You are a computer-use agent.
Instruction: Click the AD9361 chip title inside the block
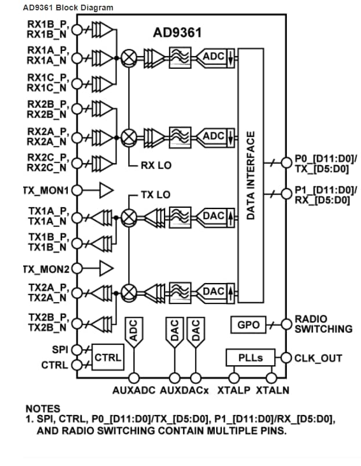tap(177, 33)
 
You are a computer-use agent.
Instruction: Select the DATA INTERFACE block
tap(251, 175)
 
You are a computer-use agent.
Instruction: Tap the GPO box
tap(248, 325)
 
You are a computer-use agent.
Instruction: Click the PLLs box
tap(250, 358)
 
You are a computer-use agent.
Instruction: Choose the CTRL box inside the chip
tap(108, 358)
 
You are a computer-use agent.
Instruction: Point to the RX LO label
tap(156, 166)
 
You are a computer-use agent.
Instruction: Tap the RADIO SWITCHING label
tap(323, 324)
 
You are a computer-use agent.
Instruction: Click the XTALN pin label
tap(273, 391)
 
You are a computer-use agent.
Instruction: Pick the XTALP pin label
tap(234, 391)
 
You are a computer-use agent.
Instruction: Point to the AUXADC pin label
tap(134, 391)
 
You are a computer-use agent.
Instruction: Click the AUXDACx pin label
tap(185, 391)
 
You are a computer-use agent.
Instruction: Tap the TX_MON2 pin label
tap(47, 269)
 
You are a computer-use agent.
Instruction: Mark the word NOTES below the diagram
tap(42, 409)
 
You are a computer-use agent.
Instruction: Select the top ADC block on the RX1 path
tap(214, 57)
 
